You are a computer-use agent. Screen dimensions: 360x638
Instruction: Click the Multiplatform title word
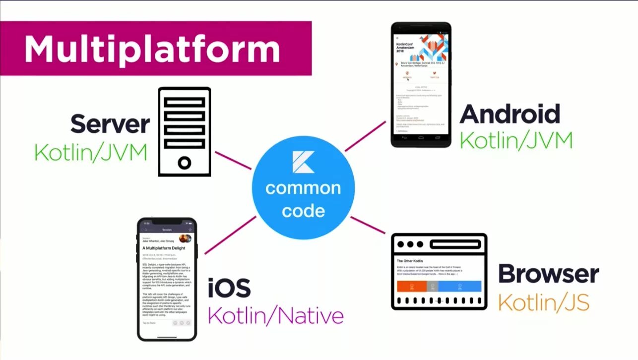(x=152, y=48)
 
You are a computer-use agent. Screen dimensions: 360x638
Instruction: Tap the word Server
(x=110, y=124)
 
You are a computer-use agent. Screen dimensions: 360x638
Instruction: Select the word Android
(x=510, y=114)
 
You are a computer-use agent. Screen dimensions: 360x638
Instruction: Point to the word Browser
(x=548, y=274)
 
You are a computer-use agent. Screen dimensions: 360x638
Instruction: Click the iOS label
(x=229, y=289)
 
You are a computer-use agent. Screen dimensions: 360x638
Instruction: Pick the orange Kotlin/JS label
(x=543, y=301)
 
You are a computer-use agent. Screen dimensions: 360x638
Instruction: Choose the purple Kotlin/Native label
(x=275, y=315)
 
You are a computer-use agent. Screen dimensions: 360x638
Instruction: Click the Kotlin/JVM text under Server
(x=91, y=152)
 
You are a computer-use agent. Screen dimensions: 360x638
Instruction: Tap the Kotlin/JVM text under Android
(x=516, y=141)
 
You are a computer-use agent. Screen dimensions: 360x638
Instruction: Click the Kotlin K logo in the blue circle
(x=303, y=163)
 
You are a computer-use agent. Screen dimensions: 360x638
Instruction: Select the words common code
(x=303, y=199)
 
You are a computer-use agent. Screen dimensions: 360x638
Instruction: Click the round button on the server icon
(x=185, y=162)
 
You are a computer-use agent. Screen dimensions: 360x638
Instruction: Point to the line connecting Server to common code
(x=233, y=160)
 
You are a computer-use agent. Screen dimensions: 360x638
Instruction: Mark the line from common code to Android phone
(x=366, y=135)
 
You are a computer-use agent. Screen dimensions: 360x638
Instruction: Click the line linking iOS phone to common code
(x=230, y=235)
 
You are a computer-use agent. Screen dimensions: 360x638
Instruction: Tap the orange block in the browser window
(x=411, y=286)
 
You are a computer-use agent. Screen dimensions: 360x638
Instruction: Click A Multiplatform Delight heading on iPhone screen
(x=164, y=248)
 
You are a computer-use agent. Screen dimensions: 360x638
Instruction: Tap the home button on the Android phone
(x=421, y=138)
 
